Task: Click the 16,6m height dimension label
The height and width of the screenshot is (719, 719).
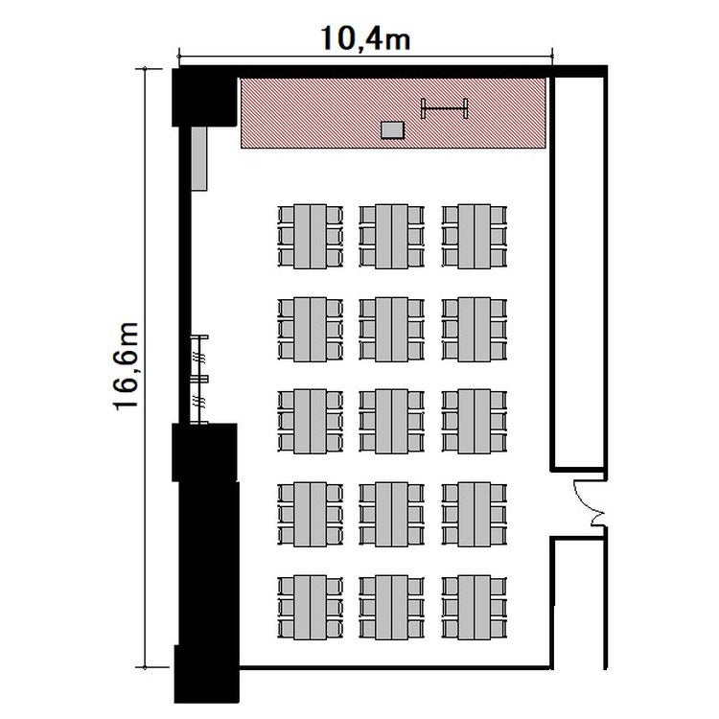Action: click(x=126, y=366)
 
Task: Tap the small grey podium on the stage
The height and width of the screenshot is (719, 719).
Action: click(x=392, y=129)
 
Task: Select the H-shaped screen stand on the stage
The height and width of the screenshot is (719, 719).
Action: click(x=444, y=108)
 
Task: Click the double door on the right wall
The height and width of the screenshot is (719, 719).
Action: click(x=591, y=503)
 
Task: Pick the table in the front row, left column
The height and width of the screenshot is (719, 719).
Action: click(x=310, y=237)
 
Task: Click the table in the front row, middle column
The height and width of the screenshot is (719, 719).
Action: click(x=391, y=237)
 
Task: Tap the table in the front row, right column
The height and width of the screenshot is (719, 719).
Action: click(x=475, y=237)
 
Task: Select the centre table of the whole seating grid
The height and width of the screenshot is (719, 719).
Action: click(x=391, y=422)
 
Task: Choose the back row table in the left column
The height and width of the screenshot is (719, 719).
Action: click(x=310, y=607)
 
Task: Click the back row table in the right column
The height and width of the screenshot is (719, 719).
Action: click(x=475, y=607)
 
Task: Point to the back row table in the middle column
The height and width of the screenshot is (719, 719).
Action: click(x=391, y=607)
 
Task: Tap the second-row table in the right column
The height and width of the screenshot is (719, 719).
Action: click(x=475, y=329)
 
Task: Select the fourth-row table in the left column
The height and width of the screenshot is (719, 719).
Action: click(x=310, y=514)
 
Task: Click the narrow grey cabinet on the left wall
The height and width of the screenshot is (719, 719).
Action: click(x=199, y=158)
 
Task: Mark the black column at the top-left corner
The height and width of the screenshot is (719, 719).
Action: click(x=204, y=97)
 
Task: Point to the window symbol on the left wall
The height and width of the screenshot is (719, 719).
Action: click(x=199, y=380)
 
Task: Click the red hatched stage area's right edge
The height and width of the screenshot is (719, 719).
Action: click(x=545, y=113)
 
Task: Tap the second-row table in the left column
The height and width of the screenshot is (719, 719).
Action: click(x=310, y=329)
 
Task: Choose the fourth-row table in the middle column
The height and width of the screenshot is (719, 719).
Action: click(x=391, y=514)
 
